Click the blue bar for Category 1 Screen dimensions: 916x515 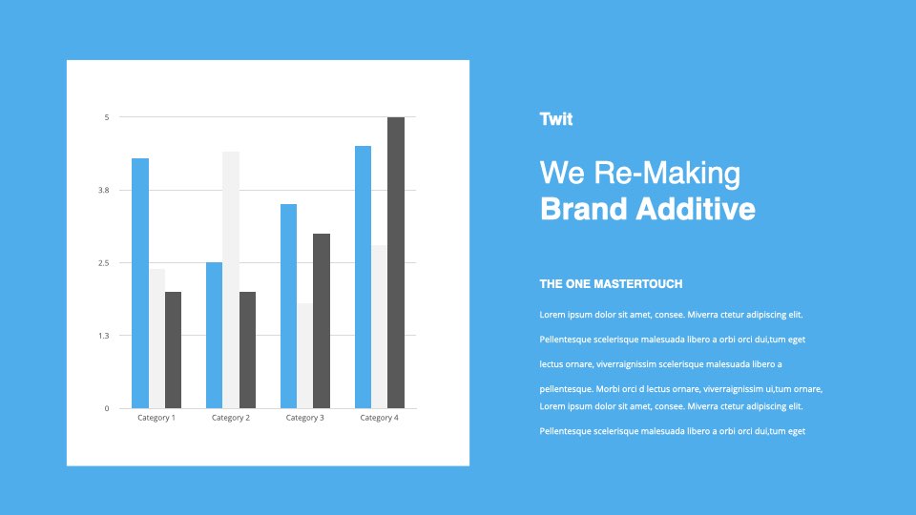click(x=140, y=283)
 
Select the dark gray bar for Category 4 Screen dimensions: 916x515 click(x=396, y=263)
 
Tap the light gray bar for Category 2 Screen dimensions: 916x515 click(x=231, y=279)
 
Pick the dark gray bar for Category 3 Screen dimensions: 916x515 click(x=322, y=320)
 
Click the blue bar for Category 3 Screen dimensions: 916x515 click(x=288, y=306)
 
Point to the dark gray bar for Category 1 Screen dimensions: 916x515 click(x=173, y=350)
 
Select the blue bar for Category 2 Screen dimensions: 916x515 click(x=215, y=335)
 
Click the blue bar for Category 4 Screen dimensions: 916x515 click(x=363, y=277)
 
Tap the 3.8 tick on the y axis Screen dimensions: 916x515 click(x=103, y=191)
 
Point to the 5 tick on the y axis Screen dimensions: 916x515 click(x=107, y=117)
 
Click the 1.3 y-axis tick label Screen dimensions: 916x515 click(x=103, y=336)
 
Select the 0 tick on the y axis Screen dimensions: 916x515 click(x=107, y=409)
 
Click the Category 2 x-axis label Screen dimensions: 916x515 click(x=231, y=418)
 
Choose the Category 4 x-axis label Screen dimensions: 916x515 click(x=379, y=418)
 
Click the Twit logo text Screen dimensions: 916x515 click(x=556, y=119)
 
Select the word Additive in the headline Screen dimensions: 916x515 click(x=696, y=209)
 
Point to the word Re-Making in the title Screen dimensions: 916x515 click(x=667, y=174)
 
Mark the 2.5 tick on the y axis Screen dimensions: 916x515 click(x=103, y=263)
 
